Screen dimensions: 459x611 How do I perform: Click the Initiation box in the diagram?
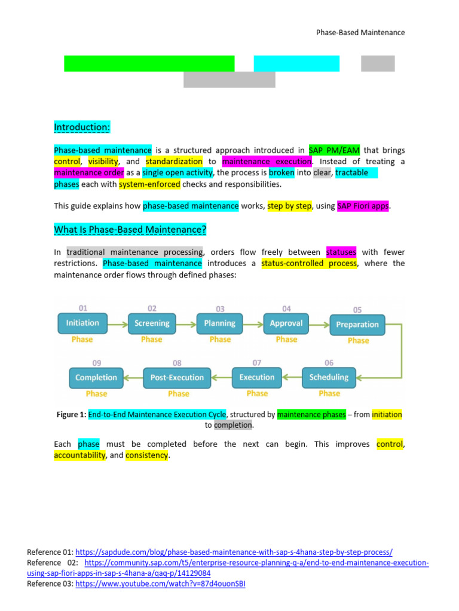(82, 323)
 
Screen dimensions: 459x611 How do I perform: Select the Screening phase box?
(152, 323)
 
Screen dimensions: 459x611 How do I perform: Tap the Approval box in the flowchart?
(286, 323)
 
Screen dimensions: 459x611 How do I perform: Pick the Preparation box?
(357, 325)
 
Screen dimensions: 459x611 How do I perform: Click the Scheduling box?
(329, 377)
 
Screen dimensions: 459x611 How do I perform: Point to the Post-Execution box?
(177, 377)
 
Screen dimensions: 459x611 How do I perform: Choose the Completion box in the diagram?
(96, 378)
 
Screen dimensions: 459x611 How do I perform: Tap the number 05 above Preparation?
(357, 310)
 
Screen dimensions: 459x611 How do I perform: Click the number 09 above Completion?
(97, 363)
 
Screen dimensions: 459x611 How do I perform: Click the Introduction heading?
(82, 128)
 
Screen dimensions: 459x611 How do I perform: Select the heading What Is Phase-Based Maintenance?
(130, 230)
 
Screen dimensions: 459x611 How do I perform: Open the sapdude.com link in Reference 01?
(234, 553)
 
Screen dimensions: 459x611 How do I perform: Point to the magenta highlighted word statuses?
(341, 252)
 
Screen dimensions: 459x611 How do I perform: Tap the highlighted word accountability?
(80, 455)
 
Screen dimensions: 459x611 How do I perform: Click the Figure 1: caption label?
(71, 414)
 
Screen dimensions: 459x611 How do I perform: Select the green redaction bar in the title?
(149, 63)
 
